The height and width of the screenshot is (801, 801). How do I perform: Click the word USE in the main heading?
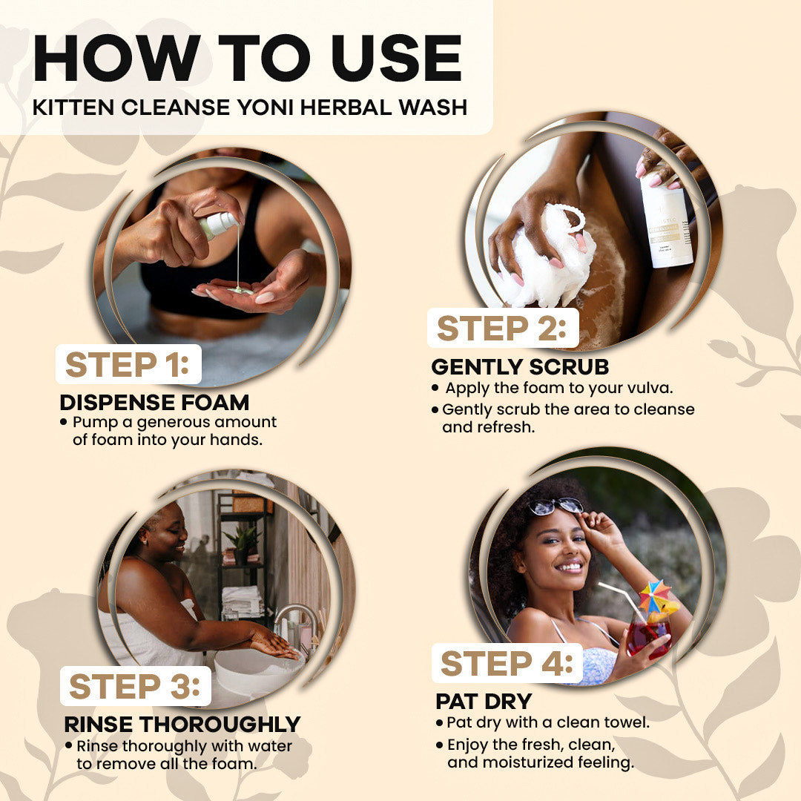(x=396, y=58)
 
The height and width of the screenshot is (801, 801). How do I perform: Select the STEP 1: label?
(x=128, y=365)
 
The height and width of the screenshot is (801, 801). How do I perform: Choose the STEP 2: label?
(x=501, y=328)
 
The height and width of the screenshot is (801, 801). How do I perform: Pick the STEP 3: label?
(x=134, y=686)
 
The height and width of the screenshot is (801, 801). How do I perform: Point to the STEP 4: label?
(x=507, y=663)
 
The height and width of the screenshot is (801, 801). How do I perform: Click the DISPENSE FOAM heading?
(x=154, y=403)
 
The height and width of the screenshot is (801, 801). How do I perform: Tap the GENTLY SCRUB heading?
(x=520, y=367)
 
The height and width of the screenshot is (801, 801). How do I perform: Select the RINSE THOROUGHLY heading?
(x=182, y=725)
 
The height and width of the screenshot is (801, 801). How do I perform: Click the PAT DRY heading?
(x=484, y=702)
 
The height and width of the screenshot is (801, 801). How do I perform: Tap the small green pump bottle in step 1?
(x=219, y=225)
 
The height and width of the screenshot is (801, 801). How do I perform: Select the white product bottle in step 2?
(x=665, y=222)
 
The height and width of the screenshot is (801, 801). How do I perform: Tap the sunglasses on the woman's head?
(x=556, y=507)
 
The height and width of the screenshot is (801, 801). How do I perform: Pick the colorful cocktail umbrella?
(x=657, y=598)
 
